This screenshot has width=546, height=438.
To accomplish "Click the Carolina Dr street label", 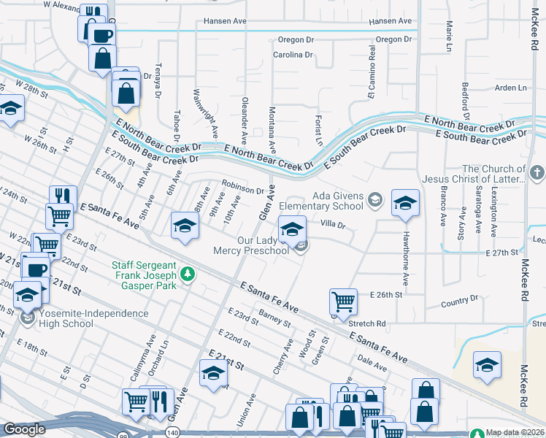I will tap(292, 55).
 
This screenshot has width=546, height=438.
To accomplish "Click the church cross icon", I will tap(537, 173).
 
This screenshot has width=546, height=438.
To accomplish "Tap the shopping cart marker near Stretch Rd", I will tap(343, 301).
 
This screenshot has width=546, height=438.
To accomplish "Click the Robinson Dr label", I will tap(243, 191).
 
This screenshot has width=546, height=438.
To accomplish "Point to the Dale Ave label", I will tap(372, 360).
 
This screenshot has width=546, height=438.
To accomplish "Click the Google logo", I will tap(24, 429).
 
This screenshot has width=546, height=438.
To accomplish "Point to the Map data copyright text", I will tap(515, 433).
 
